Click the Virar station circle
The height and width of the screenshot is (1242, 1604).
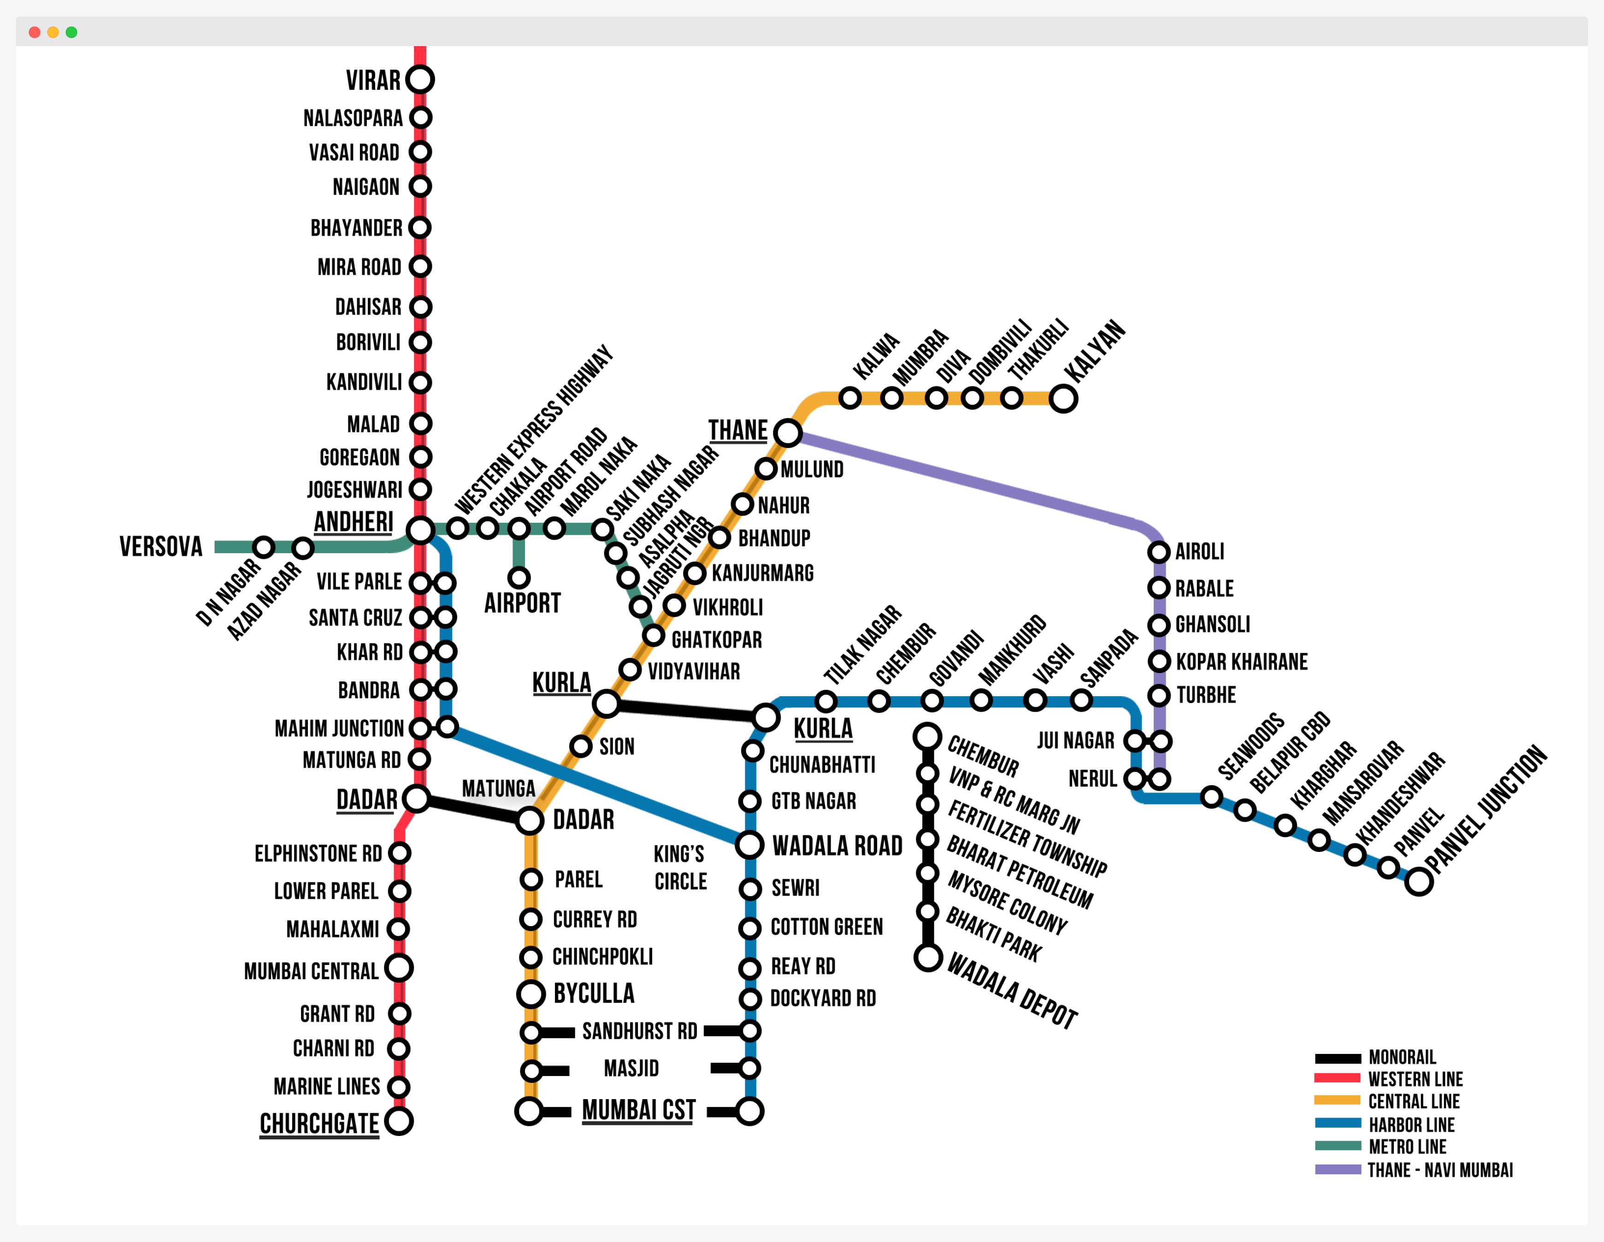[x=420, y=79]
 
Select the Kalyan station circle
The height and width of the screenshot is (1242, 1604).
[x=1063, y=399]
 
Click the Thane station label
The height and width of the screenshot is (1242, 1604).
[x=737, y=431]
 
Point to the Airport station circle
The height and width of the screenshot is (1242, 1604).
[x=519, y=578]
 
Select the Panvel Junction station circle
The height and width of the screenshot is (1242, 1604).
[x=1419, y=881]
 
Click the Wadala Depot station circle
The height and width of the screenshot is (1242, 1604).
[x=928, y=958]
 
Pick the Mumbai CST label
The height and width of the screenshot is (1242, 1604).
[x=638, y=1110]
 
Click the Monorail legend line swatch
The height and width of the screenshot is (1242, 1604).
[x=1338, y=1059]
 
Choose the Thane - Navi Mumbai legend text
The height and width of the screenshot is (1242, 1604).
[x=1439, y=1170]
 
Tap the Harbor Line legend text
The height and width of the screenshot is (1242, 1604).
[x=1411, y=1124]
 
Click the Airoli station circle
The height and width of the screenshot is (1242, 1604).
[x=1159, y=551]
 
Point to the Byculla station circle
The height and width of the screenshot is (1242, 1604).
[x=530, y=994]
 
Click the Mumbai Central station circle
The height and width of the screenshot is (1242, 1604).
[x=399, y=968]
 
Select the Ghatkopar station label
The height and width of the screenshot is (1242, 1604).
[x=716, y=640]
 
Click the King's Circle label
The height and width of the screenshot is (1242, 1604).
[x=680, y=867]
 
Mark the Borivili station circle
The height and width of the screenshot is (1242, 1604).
[x=420, y=342]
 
